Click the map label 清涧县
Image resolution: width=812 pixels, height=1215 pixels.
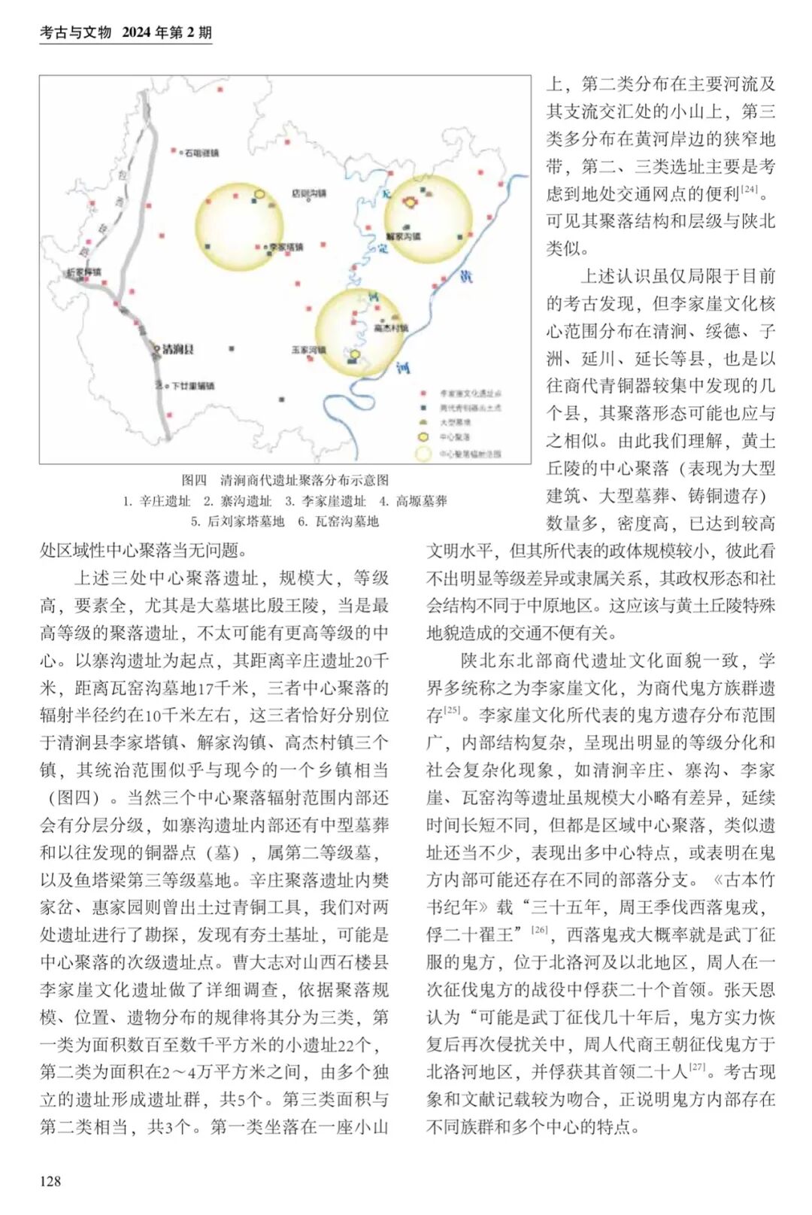click(178, 349)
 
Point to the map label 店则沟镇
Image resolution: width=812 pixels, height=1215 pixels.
click(309, 193)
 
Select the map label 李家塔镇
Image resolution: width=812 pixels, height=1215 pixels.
click(286, 247)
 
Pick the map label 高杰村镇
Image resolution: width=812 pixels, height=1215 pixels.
click(390, 328)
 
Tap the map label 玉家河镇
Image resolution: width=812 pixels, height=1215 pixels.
click(308, 350)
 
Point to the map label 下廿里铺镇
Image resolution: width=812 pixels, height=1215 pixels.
click(192, 385)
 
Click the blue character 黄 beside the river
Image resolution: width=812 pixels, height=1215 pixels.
click(466, 276)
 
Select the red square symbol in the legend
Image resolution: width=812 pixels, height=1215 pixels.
click(424, 393)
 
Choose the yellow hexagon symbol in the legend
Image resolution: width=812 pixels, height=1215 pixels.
click(424, 436)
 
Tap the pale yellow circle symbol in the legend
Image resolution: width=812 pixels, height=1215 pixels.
click(424, 453)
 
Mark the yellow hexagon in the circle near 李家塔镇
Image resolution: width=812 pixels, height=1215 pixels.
click(259, 195)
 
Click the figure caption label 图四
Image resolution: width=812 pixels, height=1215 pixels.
click(194, 480)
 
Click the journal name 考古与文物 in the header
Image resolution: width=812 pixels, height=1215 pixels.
click(75, 32)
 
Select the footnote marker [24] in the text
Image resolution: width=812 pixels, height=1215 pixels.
click(750, 189)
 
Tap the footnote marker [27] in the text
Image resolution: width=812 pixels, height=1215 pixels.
click(697, 1067)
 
